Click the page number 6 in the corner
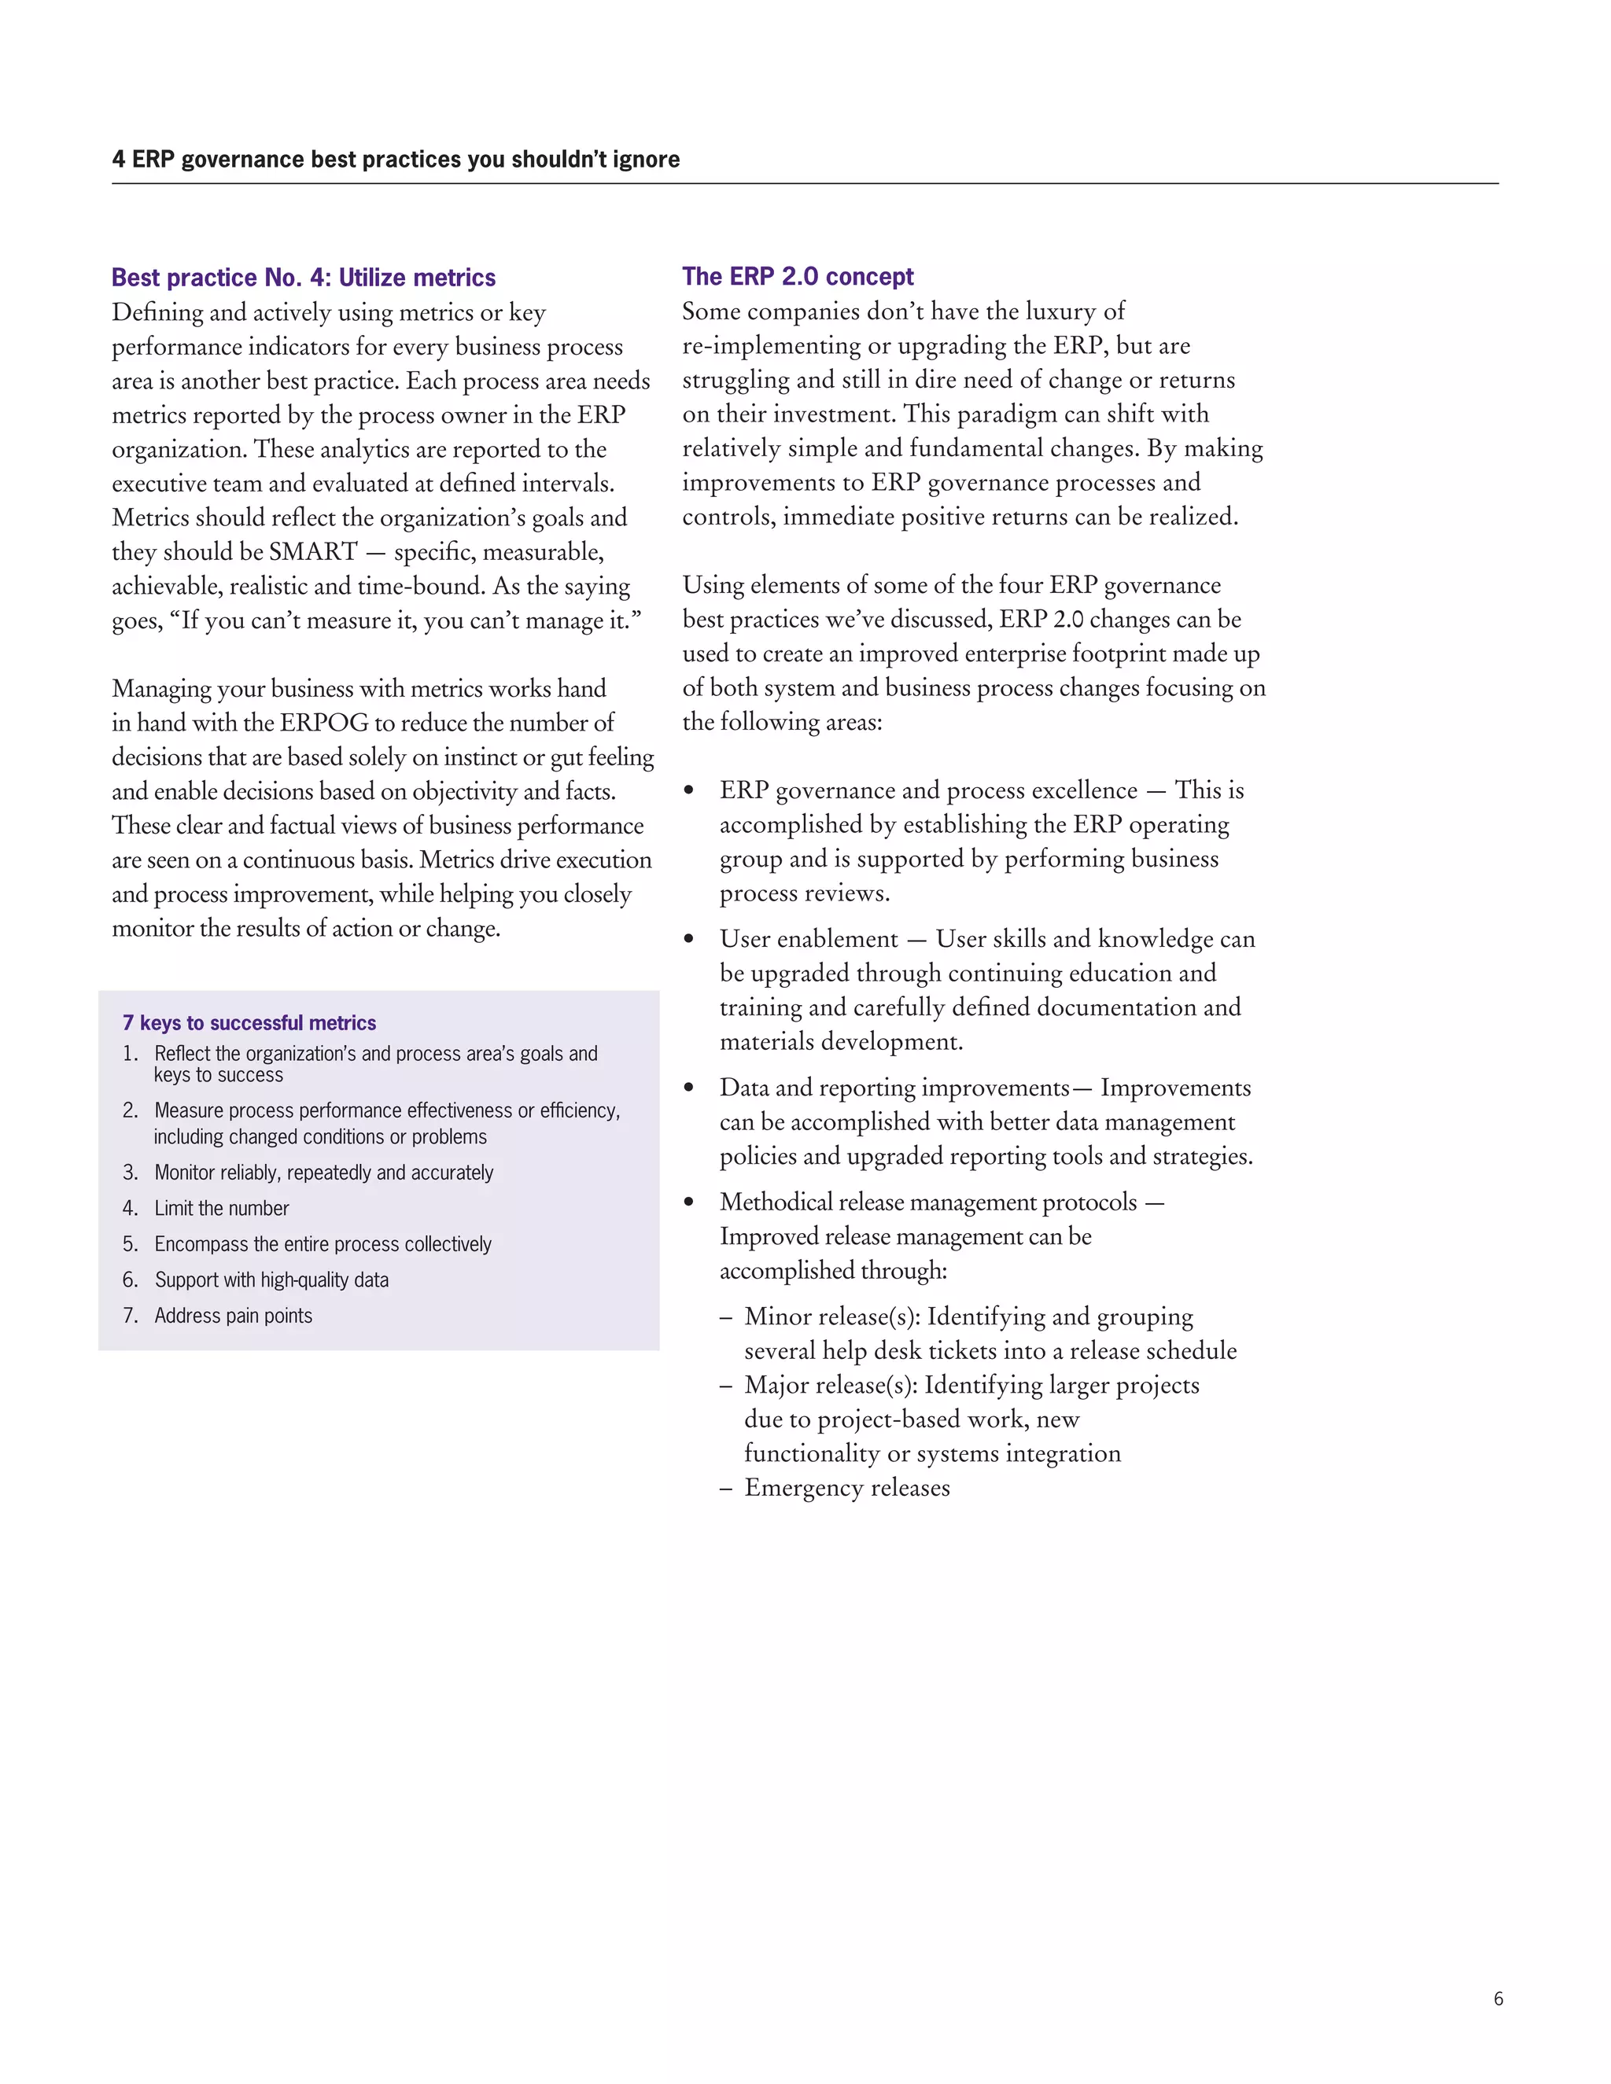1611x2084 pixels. click(x=1498, y=1997)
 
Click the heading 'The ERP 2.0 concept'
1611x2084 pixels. click(x=797, y=277)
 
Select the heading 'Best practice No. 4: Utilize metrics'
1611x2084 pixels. click(x=304, y=278)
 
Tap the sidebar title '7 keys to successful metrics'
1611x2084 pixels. click(x=249, y=1023)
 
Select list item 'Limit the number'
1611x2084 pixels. click(x=221, y=1208)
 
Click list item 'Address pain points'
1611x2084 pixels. click(x=233, y=1316)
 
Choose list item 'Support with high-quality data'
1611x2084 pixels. click(x=271, y=1279)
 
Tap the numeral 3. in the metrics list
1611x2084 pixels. click(x=131, y=1173)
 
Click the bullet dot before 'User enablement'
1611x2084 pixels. click(x=689, y=940)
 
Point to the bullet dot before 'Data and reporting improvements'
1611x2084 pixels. click(x=689, y=1088)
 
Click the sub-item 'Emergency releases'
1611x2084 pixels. click(x=846, y=1488)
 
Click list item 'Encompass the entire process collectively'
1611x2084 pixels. click(x=323, y=1244)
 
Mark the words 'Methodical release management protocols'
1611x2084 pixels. click(x=927, y=1202)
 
